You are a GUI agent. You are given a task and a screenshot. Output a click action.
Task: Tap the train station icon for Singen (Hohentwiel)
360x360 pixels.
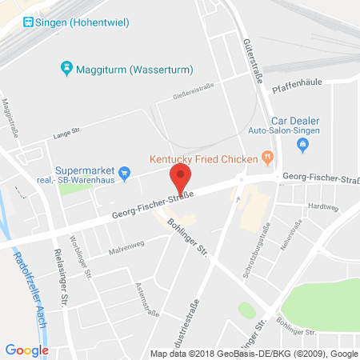click(29, 22)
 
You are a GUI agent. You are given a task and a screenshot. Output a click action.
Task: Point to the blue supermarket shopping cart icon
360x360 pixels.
click(124, 172)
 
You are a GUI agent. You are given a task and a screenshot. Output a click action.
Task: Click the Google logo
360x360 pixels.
click(26, 350)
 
